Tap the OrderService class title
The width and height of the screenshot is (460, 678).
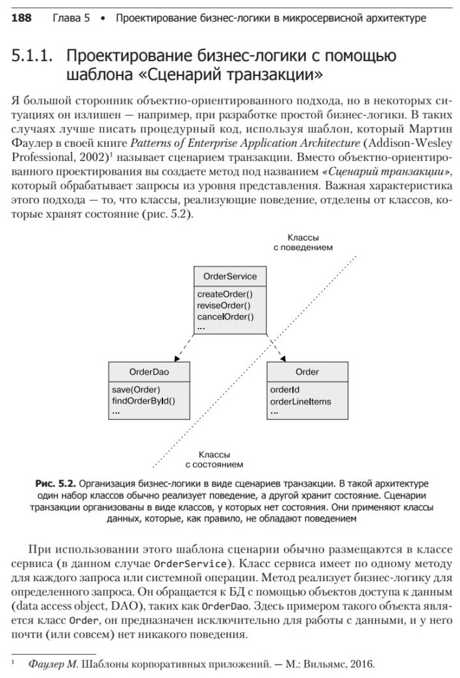pyautogui.click(x=229, y=277)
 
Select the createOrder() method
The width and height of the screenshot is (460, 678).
pyautogui.click(x=224, y=294)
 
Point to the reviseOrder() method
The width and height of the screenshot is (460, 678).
pyautogui.click(x=223, y=305)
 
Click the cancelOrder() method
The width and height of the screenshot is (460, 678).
pyautogui.click(x=225, y=317)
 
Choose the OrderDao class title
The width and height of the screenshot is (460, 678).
pyautogui.click(x=149, y=372)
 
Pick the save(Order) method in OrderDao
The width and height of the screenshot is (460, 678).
pyautogui.click(x=136, y=390)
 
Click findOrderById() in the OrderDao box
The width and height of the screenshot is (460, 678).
pyautogui.click(x=144, y=401)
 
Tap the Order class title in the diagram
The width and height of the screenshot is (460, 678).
pyautogui.click(x=307, y=372)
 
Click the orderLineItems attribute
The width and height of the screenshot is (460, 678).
pyautogui.click(x=300, y=401)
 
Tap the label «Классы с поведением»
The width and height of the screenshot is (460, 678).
pyautogui.click(x=303, y=242)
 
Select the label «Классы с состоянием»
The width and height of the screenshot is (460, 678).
pyautogui.click(x=214, y=460)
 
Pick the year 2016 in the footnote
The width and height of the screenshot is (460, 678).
pyautogui.click(x=363, y=664)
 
